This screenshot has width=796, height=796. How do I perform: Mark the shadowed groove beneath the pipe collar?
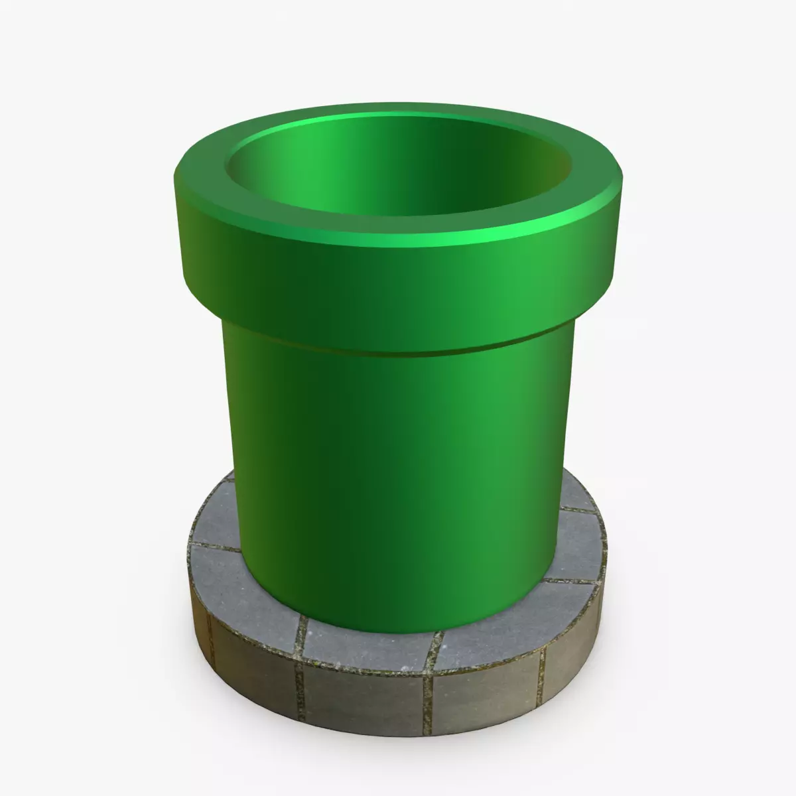tap(398, 350)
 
